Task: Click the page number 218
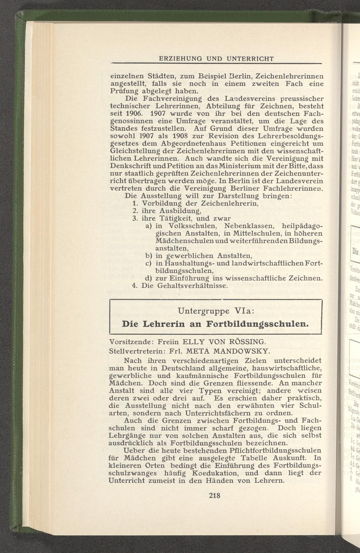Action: (215, 496)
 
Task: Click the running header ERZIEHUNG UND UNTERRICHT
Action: (216, 59)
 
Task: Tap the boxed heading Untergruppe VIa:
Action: (216, 311)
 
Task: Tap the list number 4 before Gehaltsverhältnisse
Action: (134, 286)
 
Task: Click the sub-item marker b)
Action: (148, 256)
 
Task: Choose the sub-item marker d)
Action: (148, 278)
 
